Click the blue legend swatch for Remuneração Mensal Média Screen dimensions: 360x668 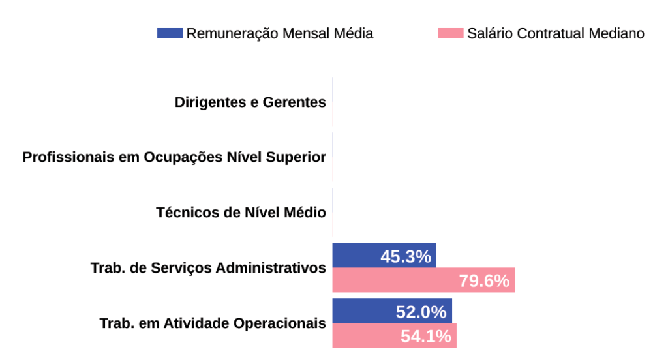[170, 33]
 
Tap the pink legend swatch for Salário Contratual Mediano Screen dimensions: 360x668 [450, 33]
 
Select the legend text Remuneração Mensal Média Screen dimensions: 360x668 [280, 33]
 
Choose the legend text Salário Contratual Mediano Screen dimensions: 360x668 [556, 33]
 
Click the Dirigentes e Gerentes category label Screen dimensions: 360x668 [250, 102]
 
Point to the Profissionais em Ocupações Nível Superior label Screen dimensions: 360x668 [174, 158]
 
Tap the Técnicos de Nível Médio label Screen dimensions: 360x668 [241, 213]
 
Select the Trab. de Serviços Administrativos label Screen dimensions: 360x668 [208, 268]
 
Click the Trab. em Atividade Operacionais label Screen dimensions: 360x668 [213, 323]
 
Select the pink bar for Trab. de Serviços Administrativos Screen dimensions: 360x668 [391, 280]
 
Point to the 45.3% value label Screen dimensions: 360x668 [406, 256]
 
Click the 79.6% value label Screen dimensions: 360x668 [483, 281]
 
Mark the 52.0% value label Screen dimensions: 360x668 [421, 312]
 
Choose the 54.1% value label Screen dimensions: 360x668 [425, 337]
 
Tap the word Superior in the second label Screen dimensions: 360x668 [297, 158]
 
